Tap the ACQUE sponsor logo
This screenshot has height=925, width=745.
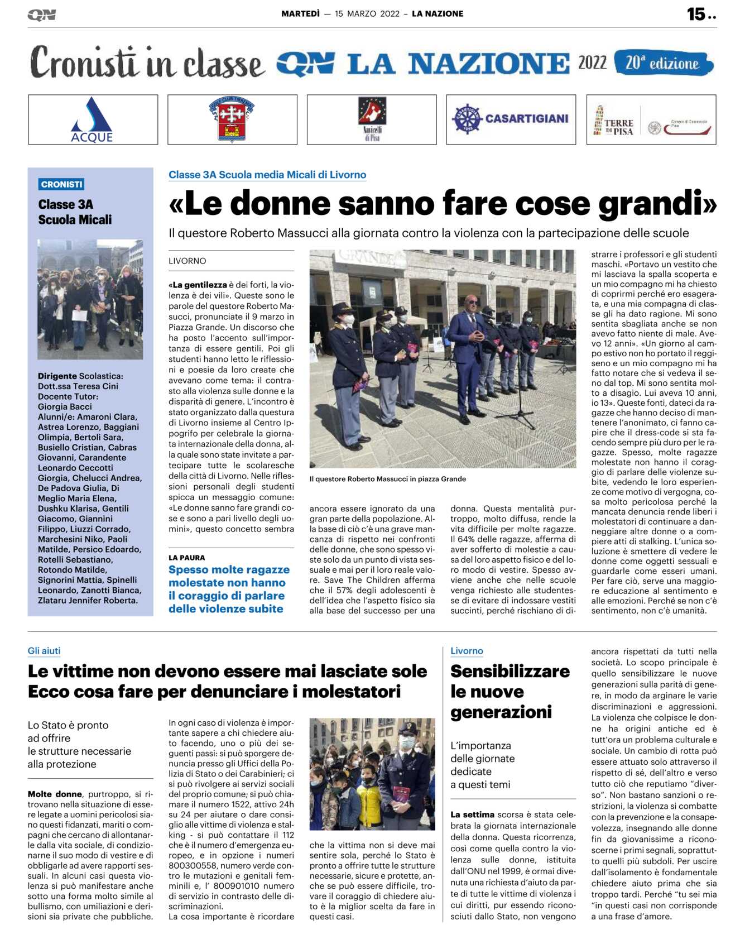pos(92,120)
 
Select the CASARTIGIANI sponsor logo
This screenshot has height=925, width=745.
pos(511,119)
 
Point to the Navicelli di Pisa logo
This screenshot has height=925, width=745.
pos(372,119)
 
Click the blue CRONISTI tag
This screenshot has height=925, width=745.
pos(61,184)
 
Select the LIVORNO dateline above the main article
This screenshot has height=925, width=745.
pos(188,261)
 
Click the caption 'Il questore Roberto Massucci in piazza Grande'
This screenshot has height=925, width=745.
pos(387,479)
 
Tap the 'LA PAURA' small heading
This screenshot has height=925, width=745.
pos(186,558)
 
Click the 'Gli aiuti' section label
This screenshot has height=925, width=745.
pos(44,651)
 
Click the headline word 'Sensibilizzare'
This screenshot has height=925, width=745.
pos(510,671)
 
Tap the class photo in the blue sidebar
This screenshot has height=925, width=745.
pos(90,299)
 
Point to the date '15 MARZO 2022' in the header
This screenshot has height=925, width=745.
pos(367,14)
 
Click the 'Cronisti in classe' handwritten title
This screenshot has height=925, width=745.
pos(146,63)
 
